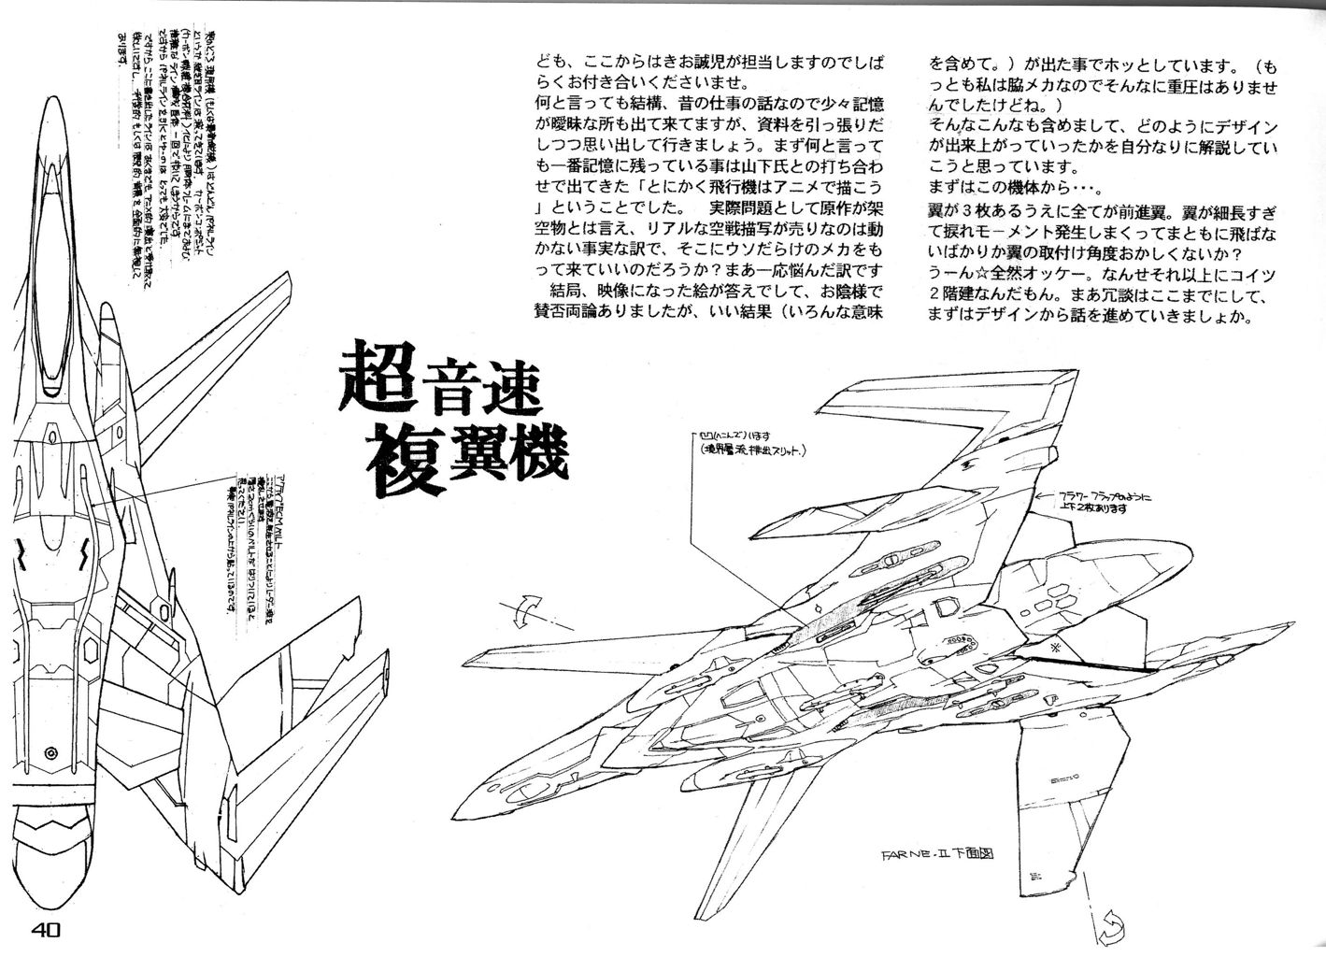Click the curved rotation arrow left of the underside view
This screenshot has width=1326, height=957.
pos(526,611)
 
